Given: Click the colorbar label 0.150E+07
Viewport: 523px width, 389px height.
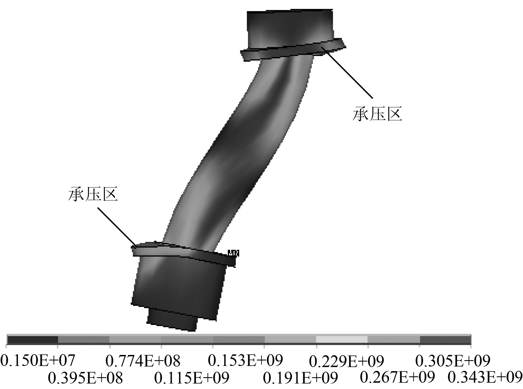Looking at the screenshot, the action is [38, 361].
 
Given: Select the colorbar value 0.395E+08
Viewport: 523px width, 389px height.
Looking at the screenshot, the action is [85, 378].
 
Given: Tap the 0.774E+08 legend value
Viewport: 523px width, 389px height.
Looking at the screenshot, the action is [143, 361].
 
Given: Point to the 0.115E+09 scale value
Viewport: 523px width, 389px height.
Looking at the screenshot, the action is [192, 378].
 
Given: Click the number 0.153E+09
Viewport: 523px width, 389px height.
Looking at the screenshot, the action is [245, 360].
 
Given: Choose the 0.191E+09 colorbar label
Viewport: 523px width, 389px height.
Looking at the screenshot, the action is [300, 378].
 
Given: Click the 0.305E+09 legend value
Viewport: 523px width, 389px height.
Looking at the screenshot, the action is [453, 361].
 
